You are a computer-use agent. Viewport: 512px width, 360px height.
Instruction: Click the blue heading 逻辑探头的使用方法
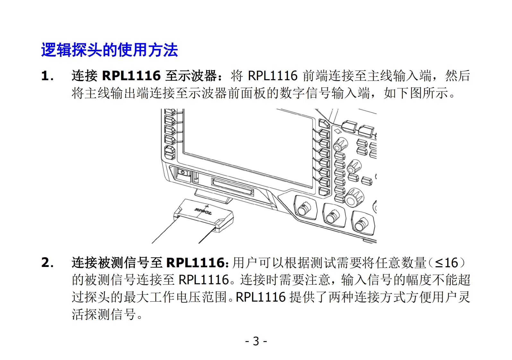click(109, 50)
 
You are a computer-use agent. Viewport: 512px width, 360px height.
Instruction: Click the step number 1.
click(47, 76)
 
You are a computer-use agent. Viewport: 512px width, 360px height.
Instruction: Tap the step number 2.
click(47, 263)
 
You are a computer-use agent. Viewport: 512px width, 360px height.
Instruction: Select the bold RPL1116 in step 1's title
click(131, 76)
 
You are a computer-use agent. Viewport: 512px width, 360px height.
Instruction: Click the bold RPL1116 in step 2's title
click(196, 263)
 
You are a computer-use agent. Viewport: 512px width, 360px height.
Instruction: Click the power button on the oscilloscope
click(183, 173)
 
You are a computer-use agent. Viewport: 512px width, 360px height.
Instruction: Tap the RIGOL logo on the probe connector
click(203, 211)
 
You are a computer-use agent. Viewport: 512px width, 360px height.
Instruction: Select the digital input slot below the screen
click(233, 187)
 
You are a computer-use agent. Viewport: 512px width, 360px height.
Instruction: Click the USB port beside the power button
click(196, 177)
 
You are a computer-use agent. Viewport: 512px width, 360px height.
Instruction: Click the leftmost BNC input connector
click(304, 208)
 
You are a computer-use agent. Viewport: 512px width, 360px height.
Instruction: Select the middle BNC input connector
click(333, 217)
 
